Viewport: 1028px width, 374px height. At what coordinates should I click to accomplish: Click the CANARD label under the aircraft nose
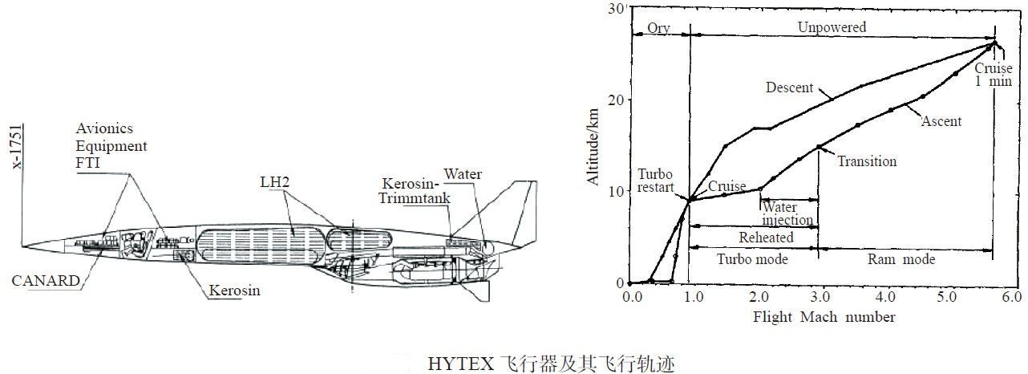[x=46, y=280]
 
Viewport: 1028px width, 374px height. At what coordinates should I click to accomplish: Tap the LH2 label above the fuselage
[x=275, y=182]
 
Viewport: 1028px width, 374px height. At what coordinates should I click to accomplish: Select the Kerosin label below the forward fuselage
[x=234, y=291]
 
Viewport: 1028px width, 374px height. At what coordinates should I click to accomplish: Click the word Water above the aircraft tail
[x=463, y=174]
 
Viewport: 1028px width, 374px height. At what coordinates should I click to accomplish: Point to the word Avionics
[x=104, y=128]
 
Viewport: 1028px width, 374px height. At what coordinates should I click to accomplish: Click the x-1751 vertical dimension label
[x=17, y=147]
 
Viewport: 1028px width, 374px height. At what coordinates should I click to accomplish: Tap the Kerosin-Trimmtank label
[x=415, y=191]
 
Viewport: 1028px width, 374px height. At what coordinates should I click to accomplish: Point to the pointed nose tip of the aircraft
[x=22, y=246]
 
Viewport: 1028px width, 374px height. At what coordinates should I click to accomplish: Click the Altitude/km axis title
[x=593, y=147]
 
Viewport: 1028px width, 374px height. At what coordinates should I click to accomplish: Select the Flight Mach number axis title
[x=824, y=317]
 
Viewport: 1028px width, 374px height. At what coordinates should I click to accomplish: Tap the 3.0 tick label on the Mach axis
[x=820, y=297]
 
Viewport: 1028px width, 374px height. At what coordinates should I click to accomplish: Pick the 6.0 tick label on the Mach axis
[x=1011, y=297]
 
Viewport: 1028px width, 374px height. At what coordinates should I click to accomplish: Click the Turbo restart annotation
[x=655, y=181]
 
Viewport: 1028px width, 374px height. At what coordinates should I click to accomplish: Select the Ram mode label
[x=901, y=259]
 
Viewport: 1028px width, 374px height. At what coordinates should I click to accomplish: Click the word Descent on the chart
[x=789, y=87]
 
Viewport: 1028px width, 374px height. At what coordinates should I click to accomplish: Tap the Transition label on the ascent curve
[x=867, y=161]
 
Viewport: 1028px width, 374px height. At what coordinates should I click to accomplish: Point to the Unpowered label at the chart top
[x=832, y=27]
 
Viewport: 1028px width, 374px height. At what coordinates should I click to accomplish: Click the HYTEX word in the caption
[x=461, y=364]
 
